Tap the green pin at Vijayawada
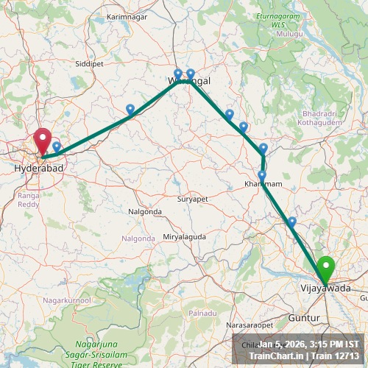[x=325, y=268]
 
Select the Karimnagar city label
[x=127, y=15]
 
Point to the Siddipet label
[x=89, y=64]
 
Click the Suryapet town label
[x=194, y=199]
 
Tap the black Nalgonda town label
[x=145, y=211]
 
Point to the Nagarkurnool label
[x=66, y=300]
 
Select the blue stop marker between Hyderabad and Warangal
[x=130, y=110]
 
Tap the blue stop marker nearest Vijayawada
[x=292, y=222]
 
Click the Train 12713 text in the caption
[x=336, y=355]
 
